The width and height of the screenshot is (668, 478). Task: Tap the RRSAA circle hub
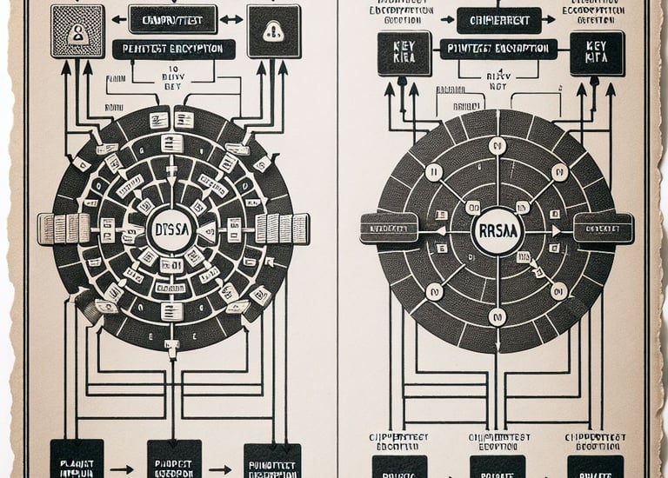[x=497, y=231]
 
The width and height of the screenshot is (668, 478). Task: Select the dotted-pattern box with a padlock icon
[x=77, y=31]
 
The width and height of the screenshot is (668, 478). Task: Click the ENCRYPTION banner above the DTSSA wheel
[x=174, y=50]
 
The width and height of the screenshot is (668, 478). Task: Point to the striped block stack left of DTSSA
[x=64, y=229]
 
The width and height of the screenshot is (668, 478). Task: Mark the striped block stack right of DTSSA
[x=282, y=228]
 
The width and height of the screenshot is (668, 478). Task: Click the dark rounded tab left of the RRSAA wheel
[x=389, y=228]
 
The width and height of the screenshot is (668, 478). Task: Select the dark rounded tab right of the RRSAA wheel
[x=604, y=228]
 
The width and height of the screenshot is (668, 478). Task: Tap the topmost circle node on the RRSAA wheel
[x=497, y=145]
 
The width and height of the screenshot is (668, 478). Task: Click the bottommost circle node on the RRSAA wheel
[x=497, y=316]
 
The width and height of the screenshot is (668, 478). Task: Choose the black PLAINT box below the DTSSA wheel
[x=77, y=457]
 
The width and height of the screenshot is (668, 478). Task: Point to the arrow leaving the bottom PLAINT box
[x=125, y=468]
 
